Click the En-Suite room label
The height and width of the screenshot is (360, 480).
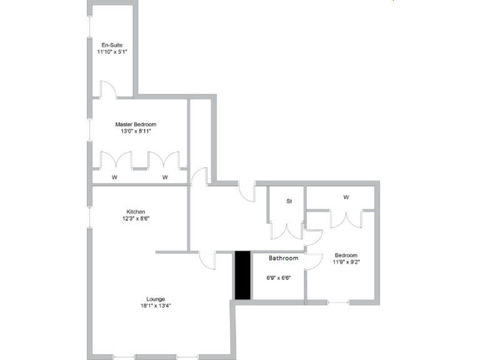112,45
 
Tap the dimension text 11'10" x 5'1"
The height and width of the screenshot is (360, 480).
112,52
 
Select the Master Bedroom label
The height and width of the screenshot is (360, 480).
136,124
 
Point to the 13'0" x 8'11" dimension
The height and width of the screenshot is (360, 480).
136,131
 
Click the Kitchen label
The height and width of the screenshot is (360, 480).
136,212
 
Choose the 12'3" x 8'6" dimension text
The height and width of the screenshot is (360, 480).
136,219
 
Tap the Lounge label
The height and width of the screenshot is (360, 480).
156,299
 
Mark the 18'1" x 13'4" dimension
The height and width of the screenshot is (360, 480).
156,306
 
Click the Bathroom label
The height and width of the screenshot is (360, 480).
283,258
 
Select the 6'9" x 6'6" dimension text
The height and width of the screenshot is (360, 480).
278,278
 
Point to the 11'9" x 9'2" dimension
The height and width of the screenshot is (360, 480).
346,262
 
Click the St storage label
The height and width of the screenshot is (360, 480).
289,201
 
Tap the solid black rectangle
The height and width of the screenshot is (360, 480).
242,276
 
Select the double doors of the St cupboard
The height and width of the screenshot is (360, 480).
286,231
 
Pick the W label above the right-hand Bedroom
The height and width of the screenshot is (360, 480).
346,197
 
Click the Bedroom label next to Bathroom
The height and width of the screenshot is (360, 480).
346,255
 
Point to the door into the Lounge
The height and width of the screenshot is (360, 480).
206,257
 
